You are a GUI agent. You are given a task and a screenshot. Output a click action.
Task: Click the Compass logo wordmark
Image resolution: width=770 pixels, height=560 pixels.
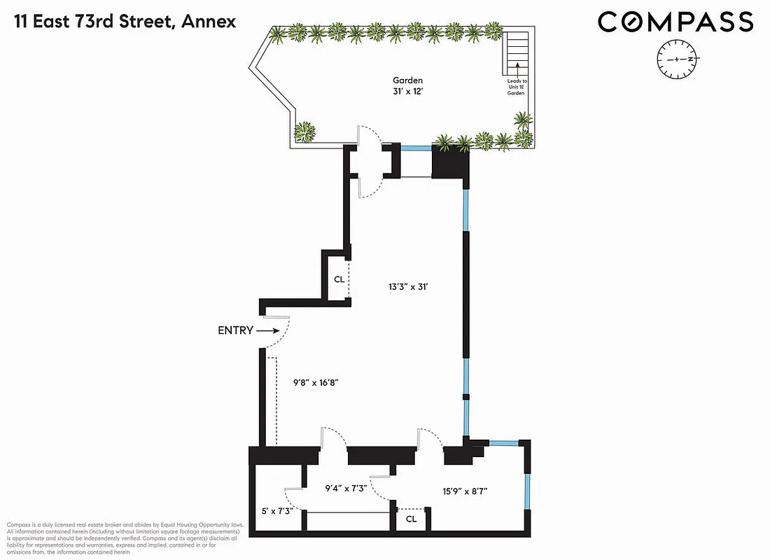(x=675, y=22)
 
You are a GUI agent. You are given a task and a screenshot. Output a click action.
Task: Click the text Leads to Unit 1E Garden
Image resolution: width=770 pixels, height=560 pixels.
(x=517, y=92)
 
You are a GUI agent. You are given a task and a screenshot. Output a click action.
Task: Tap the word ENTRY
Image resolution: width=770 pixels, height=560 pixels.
(x=235, y=330)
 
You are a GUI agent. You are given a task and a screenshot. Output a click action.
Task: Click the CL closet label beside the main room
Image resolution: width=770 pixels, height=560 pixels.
(x=339, y=279)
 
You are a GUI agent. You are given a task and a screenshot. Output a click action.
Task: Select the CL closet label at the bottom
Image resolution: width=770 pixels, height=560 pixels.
(x=411, y=519)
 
